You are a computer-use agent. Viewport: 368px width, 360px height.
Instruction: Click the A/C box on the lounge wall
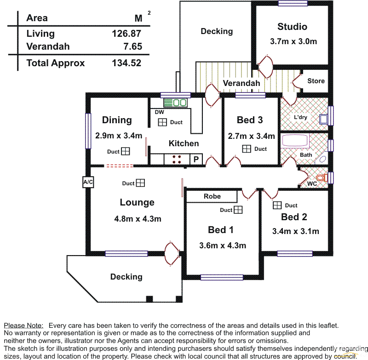click(x=88, y=182)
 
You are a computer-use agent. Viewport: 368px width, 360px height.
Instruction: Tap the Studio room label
click(x=292, y=27)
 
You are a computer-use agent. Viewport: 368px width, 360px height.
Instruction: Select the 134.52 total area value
click(x=126, y=63)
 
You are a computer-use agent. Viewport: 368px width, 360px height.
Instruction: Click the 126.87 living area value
click(x=126, y=34)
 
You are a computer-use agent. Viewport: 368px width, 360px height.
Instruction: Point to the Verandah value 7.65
click(x=133, y=46)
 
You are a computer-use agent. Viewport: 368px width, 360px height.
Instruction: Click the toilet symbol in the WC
click(x=321, y=177)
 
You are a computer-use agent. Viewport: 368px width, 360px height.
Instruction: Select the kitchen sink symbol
click(x=175, y=103)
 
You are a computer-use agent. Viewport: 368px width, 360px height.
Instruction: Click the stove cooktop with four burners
click(x=176, y=159)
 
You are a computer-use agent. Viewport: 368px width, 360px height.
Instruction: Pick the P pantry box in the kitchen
click(x=195, y=159)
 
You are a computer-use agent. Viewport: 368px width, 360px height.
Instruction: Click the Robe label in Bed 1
click(x=212, y=196)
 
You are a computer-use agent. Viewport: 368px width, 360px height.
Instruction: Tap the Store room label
click(x=316, y=81)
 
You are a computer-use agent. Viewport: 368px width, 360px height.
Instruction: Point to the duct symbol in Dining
click(x=126, y=151)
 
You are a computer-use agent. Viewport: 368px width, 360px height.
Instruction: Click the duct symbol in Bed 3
click(x=247, y=149)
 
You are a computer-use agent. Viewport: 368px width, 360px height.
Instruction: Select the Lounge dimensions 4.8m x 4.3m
click(x=138, y=219)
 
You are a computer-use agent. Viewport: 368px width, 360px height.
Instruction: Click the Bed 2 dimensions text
click(x=295, y=231)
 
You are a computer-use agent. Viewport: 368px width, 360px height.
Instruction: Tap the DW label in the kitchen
click(x=159, y=112)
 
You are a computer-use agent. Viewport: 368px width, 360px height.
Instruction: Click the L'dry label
click(x=300, y=117)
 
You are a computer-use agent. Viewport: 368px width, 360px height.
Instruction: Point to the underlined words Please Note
click(x=23, y=325)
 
